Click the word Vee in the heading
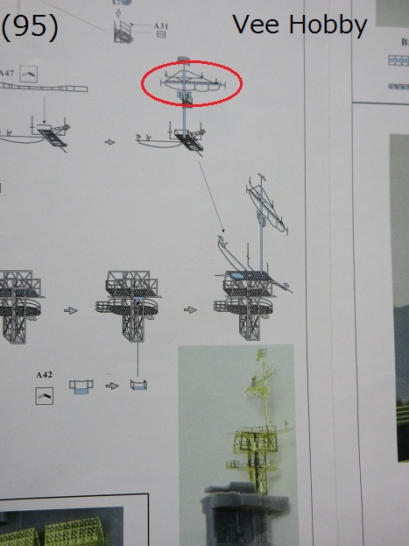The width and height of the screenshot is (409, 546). click(256, 25)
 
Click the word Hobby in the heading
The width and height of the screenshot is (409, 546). click(328, 25)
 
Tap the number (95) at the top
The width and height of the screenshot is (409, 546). click(30, 26)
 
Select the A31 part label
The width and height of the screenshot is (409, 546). click(161, 25)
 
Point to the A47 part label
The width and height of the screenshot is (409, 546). click(7, 73)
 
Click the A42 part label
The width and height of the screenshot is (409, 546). click(44, 375)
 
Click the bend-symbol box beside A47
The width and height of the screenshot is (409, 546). click(29, 74)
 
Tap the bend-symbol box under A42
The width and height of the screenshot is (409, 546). click(44, 396)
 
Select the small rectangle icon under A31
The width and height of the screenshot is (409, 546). click(161, 34)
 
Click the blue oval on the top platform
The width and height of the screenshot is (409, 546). click(236, 275)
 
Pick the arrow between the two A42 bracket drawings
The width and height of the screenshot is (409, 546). click(112, 386)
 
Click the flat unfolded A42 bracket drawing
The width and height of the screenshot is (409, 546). click(81, 386)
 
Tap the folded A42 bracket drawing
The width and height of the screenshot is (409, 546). click(138, 385)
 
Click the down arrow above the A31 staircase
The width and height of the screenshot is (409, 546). click(118, 13)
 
